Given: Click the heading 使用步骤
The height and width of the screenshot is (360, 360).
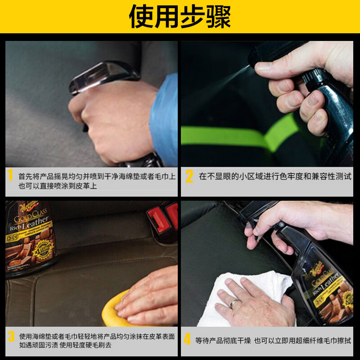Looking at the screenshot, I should click(x=180, y=17).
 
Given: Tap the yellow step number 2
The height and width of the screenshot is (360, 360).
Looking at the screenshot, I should click(x=189, y=176).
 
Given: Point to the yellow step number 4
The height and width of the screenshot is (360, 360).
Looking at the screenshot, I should click(x=187, y=339).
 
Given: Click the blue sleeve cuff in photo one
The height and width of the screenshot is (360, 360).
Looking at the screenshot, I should click(x=164, y=119).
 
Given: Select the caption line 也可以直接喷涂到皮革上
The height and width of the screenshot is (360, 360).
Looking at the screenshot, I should click(x=58, y=185).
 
